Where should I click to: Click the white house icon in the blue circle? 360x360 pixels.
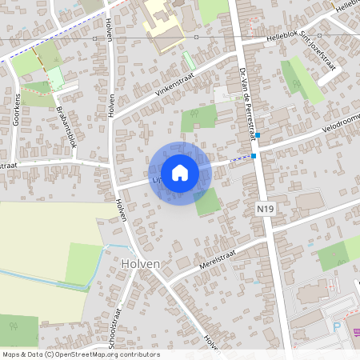pos(180,173)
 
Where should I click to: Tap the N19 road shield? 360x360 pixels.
pos(266,208)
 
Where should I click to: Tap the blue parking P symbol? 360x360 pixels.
pos(336,327)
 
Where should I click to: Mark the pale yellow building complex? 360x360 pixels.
pos(167,25)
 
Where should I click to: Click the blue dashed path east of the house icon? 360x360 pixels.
pos(239,158)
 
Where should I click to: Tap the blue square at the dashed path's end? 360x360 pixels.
pos(254,155)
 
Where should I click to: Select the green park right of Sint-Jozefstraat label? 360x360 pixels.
pos(303,80)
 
